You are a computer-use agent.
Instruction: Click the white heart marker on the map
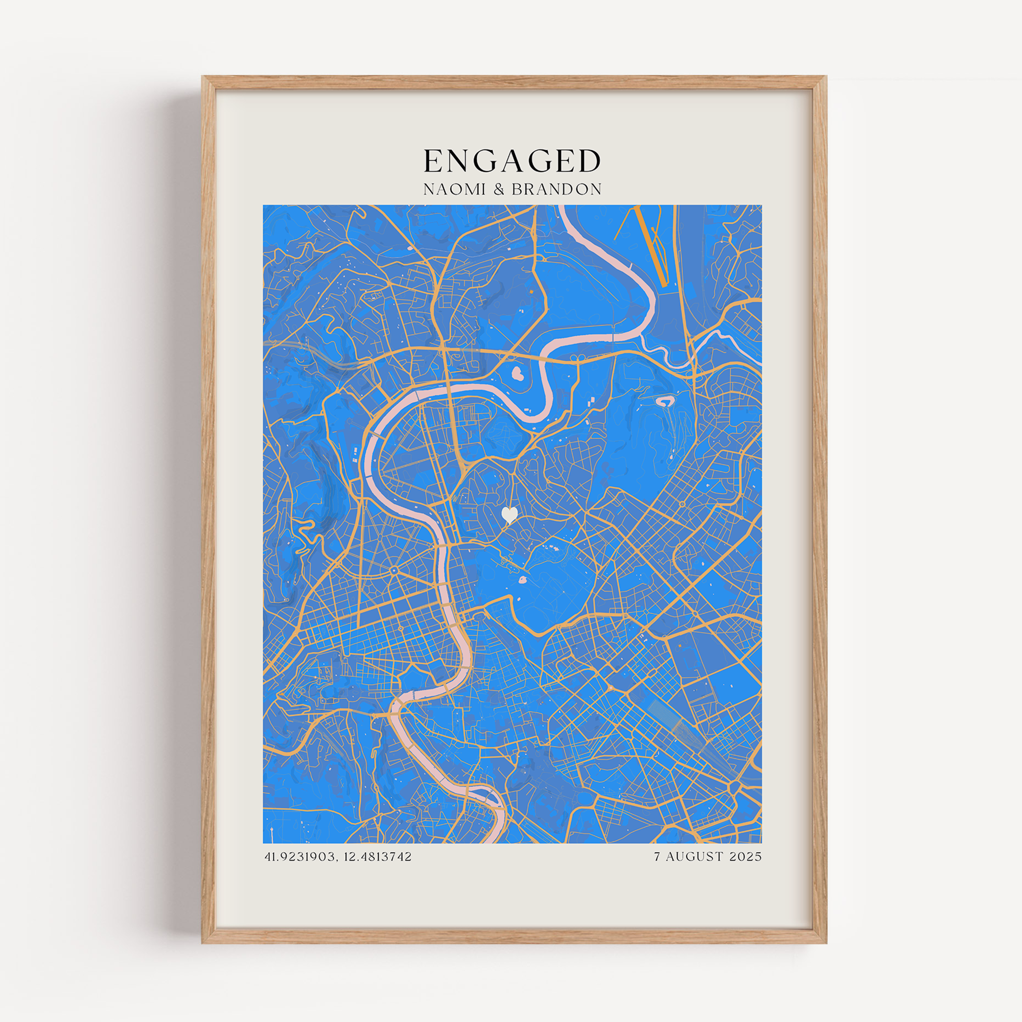[x=509, y=514]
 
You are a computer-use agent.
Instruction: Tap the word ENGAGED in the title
[x=512, y=161]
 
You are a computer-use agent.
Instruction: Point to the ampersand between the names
[x=499, y=190]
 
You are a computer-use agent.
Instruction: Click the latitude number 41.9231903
[x=300, y=856]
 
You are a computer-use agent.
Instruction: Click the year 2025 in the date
[x=746, y=856]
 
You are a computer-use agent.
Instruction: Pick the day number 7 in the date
[x=657, y=856]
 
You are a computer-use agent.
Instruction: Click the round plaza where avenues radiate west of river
[x=393, y=570]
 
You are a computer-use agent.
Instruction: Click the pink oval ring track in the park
[x=664, y=402]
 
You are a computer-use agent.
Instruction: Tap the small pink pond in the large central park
[x=523, y=580]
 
